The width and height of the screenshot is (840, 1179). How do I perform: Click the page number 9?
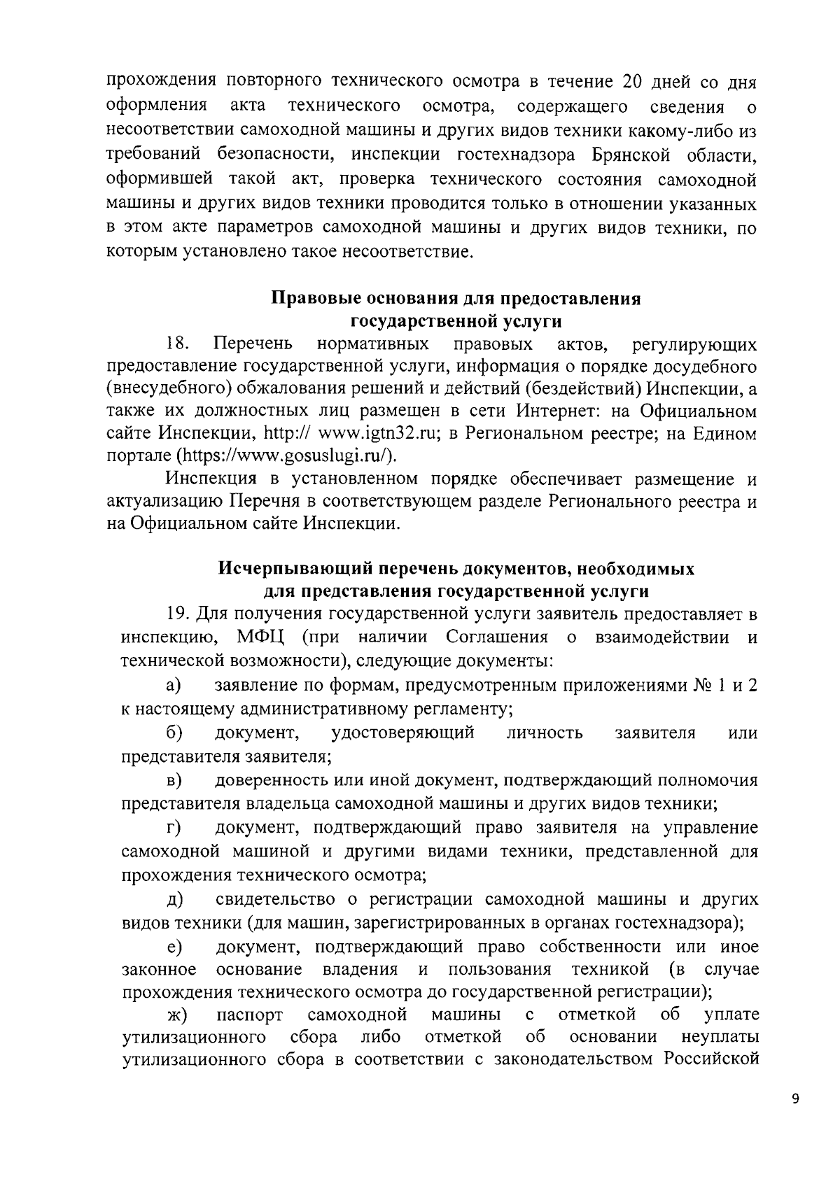794,1099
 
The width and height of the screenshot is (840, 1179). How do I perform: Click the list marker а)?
174,685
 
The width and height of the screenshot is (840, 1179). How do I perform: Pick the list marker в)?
174,780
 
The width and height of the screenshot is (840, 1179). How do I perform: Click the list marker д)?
174,898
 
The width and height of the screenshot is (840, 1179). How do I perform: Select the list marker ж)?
175,1016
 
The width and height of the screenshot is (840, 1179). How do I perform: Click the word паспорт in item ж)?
250,1015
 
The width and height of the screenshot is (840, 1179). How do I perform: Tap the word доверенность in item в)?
269,779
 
